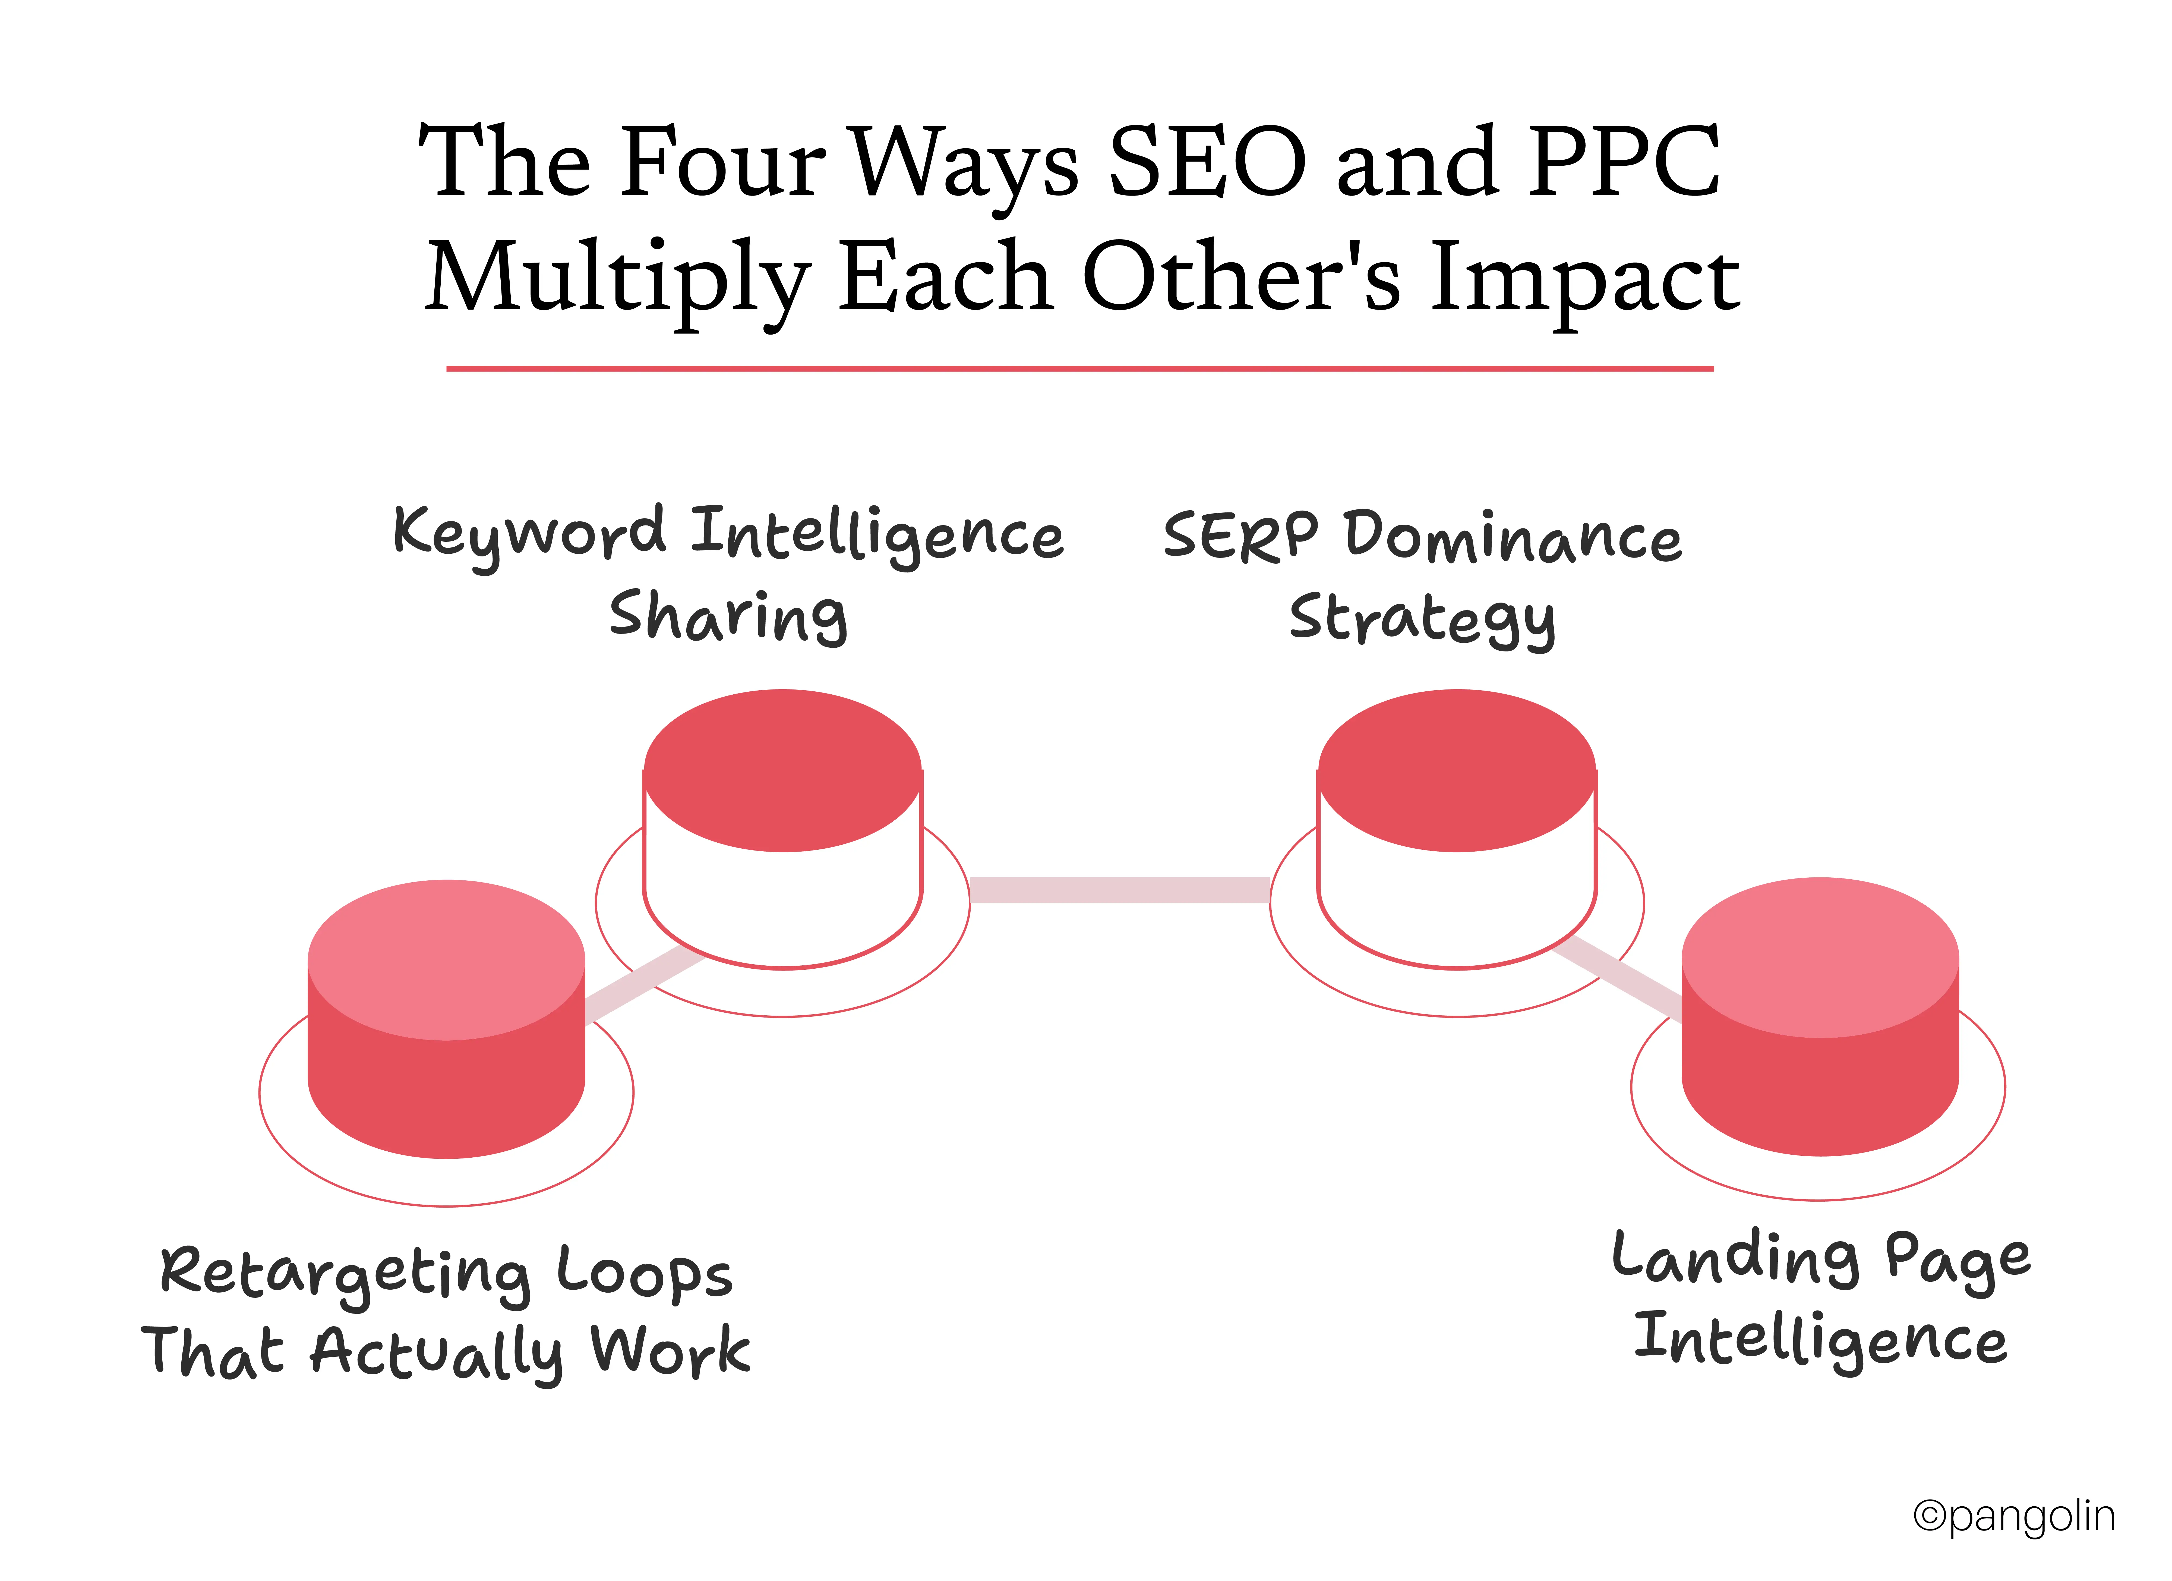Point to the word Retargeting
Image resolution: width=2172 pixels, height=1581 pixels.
coord(345,1274)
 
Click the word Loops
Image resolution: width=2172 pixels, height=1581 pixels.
coord(645,1274)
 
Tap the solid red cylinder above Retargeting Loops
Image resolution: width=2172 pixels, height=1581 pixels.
coord(446,1020)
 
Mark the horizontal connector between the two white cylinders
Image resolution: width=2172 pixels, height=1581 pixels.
coord(1119,890)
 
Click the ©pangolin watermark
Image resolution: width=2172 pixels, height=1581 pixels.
coord(2014,1516)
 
